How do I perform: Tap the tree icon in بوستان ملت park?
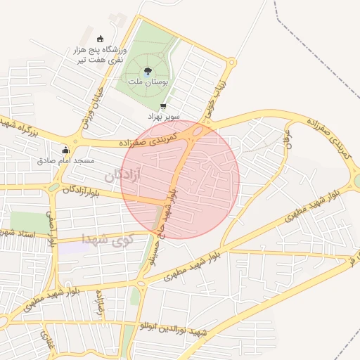tap(148, 71)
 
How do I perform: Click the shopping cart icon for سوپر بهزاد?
tap(164, 107)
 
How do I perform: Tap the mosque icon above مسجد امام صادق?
tap(66, 150)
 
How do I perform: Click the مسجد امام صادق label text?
tap(66, 161)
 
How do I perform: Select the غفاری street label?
tap(48, 342)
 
